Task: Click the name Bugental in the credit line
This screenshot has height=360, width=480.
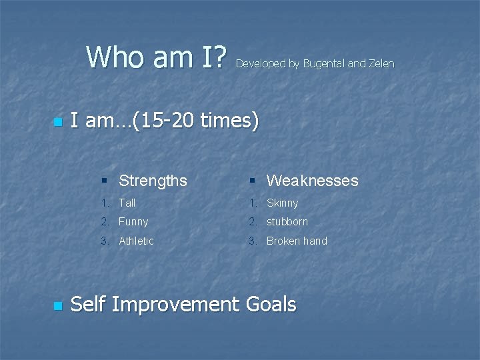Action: tap(324, 64)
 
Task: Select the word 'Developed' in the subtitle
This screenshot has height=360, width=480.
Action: tap(261, 64)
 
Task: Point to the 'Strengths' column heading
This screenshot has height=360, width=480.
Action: tap(153, 181)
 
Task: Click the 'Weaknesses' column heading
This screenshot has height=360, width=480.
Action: tap(312, 181)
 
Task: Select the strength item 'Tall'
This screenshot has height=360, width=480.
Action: tap(127, 203)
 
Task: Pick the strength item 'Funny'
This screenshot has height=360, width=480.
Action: tap(133, 221)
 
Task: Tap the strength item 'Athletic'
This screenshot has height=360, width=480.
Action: tap(136, 241)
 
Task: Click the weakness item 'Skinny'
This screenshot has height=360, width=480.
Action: tap(283, 203)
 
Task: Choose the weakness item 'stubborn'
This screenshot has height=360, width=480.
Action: tap(287, 221)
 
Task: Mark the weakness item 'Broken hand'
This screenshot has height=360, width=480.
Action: tap(297, 241)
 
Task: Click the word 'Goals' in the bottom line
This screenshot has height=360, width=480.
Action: tap(271, 305)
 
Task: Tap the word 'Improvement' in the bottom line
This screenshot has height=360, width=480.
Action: tap(175, 305)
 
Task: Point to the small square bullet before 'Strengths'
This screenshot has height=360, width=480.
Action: tap(105, 181)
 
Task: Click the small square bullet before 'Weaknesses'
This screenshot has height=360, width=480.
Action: tap(253, 181)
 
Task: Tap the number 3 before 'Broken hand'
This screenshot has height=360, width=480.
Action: tap(252, 241)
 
